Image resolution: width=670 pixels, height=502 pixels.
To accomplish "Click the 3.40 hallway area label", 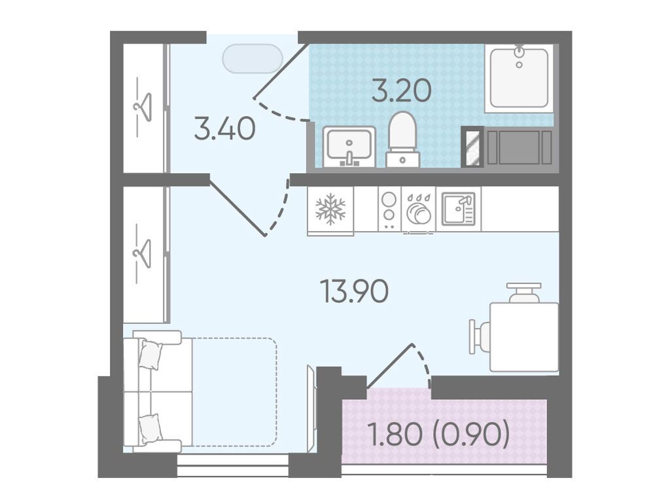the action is (225, 129).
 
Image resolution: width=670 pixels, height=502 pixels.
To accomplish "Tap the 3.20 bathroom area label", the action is (401, 91).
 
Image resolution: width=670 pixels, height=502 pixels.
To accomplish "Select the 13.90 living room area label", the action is (354, 291).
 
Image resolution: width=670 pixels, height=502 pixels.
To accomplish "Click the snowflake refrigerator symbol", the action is (330, 209).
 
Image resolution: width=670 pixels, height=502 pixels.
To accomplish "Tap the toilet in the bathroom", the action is (402, 139).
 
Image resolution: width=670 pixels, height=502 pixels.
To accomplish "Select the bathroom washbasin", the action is (349, 146).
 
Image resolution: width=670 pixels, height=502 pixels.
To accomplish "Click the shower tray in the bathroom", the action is (519, 78).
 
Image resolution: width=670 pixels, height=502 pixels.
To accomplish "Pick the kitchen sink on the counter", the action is (459, 209).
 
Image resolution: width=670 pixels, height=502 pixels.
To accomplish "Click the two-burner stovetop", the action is (389, 209).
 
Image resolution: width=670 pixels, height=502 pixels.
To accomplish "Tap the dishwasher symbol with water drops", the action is (418, 209).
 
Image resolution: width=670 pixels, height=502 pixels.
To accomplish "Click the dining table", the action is (524, 337).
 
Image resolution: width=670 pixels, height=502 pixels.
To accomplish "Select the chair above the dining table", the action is (524, 293).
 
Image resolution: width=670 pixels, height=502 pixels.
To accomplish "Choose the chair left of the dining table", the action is (480, 336).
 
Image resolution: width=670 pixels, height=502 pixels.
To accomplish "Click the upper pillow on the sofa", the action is (150, 354).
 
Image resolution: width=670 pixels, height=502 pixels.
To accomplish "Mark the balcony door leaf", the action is (390, 366).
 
